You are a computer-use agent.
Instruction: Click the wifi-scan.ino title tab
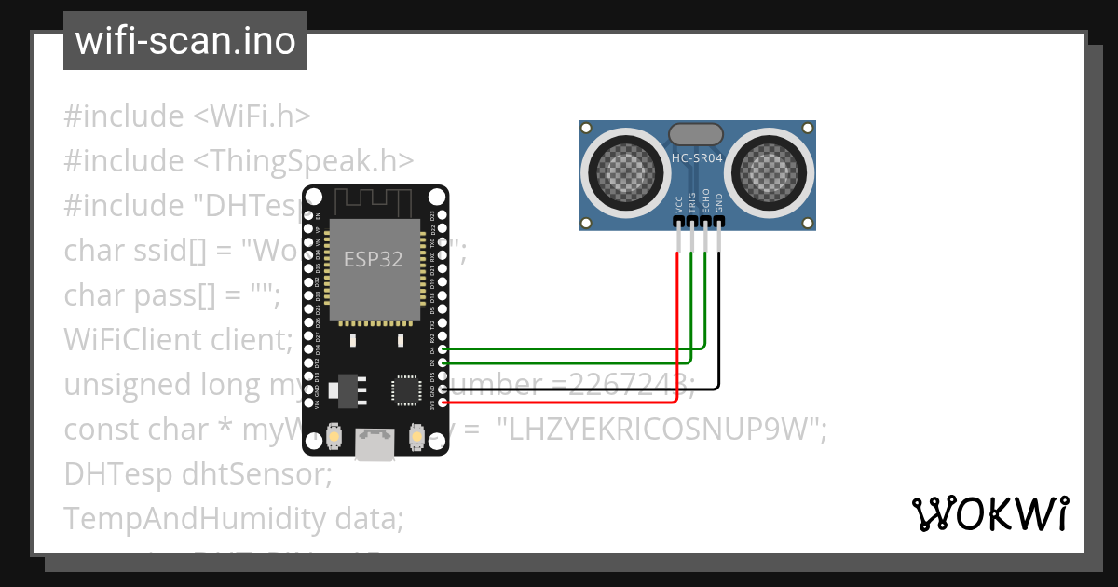coord(185,41)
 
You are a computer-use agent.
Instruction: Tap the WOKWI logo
coord(989,514)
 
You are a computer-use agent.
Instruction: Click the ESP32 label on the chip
coord(374,259)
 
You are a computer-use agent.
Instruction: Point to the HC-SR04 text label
coord(697,159)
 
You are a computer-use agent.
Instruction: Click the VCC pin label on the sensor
coord(679,205)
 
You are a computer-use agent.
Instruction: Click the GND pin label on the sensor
coord(718,205)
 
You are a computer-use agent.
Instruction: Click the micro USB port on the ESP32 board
coord(375,444)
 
